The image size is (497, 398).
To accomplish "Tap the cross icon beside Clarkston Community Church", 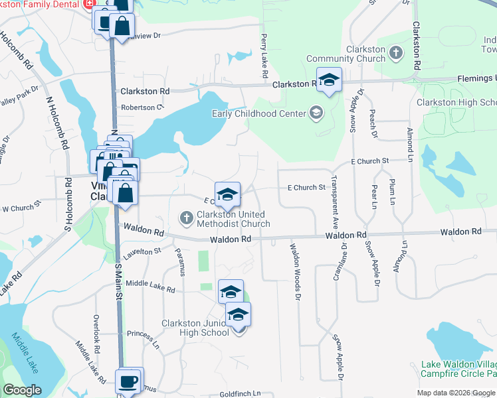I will (395, 51).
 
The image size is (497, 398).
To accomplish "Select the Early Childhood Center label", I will (258, 113).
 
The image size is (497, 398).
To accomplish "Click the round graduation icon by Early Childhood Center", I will (316, 112).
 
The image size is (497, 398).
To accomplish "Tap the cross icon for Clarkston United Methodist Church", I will (187, 217).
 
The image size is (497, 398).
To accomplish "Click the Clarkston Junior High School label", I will (195, 328).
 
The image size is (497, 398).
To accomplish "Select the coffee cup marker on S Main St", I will (130, 381).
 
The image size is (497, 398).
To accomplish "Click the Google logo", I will (22, 390).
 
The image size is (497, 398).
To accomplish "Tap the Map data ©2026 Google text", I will (455, 393).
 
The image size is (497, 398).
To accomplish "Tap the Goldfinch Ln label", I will (239, 393).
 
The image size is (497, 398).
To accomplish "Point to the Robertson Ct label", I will (142, 107).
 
